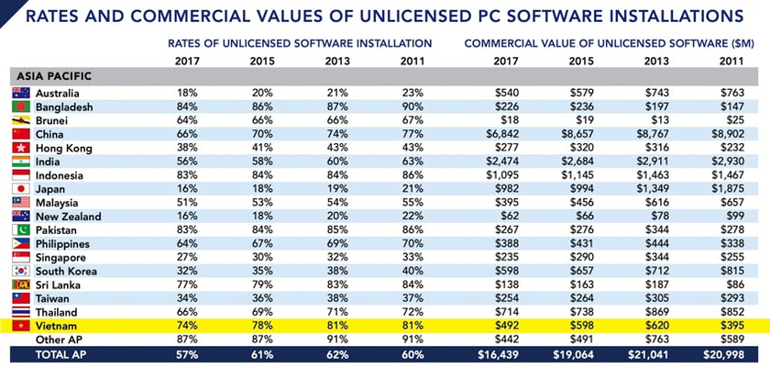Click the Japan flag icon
[20, 189]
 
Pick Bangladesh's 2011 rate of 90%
[412, 106]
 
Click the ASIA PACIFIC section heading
[54, 76]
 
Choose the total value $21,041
[647, 353]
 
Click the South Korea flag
[20, 272]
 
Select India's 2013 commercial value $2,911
[652, 162]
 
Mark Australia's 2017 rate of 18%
[187, 93]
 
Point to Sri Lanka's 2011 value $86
[733, 285]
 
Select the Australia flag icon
[20, 93]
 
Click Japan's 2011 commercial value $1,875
[728, 189]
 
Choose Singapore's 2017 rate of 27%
[187, 258]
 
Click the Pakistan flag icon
[20, 230]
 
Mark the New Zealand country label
[69, 217]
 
